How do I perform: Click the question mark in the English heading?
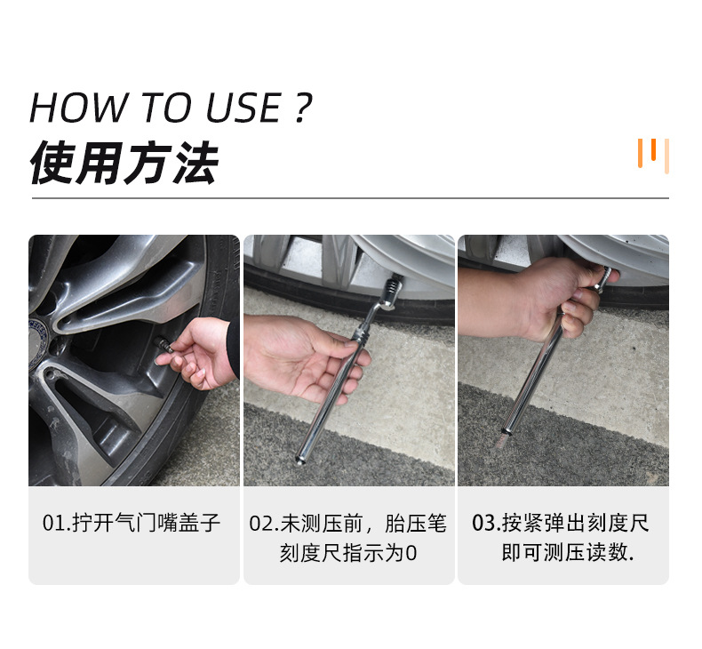click(301, 108)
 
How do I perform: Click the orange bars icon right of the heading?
click(653, 155)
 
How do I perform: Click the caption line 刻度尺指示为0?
click(348, 553)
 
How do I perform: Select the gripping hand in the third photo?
click(555, 298)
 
